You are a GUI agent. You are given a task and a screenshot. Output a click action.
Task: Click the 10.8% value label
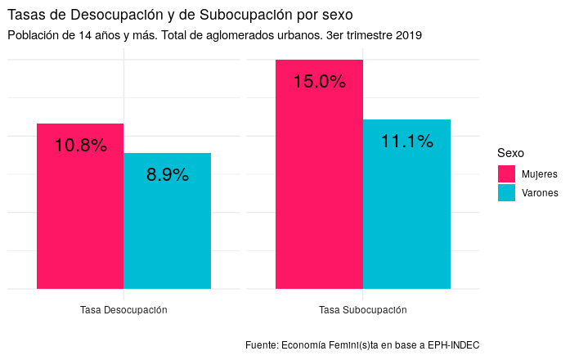pyautogui.click(x=81, y=146)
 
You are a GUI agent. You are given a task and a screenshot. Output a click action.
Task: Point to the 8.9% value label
pyautogui.click(x=168, y=174)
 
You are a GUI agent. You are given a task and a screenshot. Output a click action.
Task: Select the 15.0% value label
pyautogui.click(x=320, y=82)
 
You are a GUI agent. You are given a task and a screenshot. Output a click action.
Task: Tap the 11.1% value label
pyautogui.click(x=407, y=142)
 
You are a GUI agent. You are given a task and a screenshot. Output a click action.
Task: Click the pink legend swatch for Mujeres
pyautogui.click(x=506, y=174)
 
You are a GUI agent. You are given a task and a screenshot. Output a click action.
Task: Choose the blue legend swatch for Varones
pyautogui.click(x=506, y=193)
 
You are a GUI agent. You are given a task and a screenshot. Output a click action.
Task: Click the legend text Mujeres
pyautogui.click(x=539, y=174)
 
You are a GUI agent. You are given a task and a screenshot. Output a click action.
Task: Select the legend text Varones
pyautogui.click(x=540, y=193)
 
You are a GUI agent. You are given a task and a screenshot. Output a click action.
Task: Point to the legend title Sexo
pyautogui.click(x=511, y=153)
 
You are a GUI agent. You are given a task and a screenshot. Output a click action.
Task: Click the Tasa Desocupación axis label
pyautogui.click(x=123, y=311)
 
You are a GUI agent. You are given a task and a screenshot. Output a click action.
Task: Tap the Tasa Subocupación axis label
pyautogui.click(x=363, y=311)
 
